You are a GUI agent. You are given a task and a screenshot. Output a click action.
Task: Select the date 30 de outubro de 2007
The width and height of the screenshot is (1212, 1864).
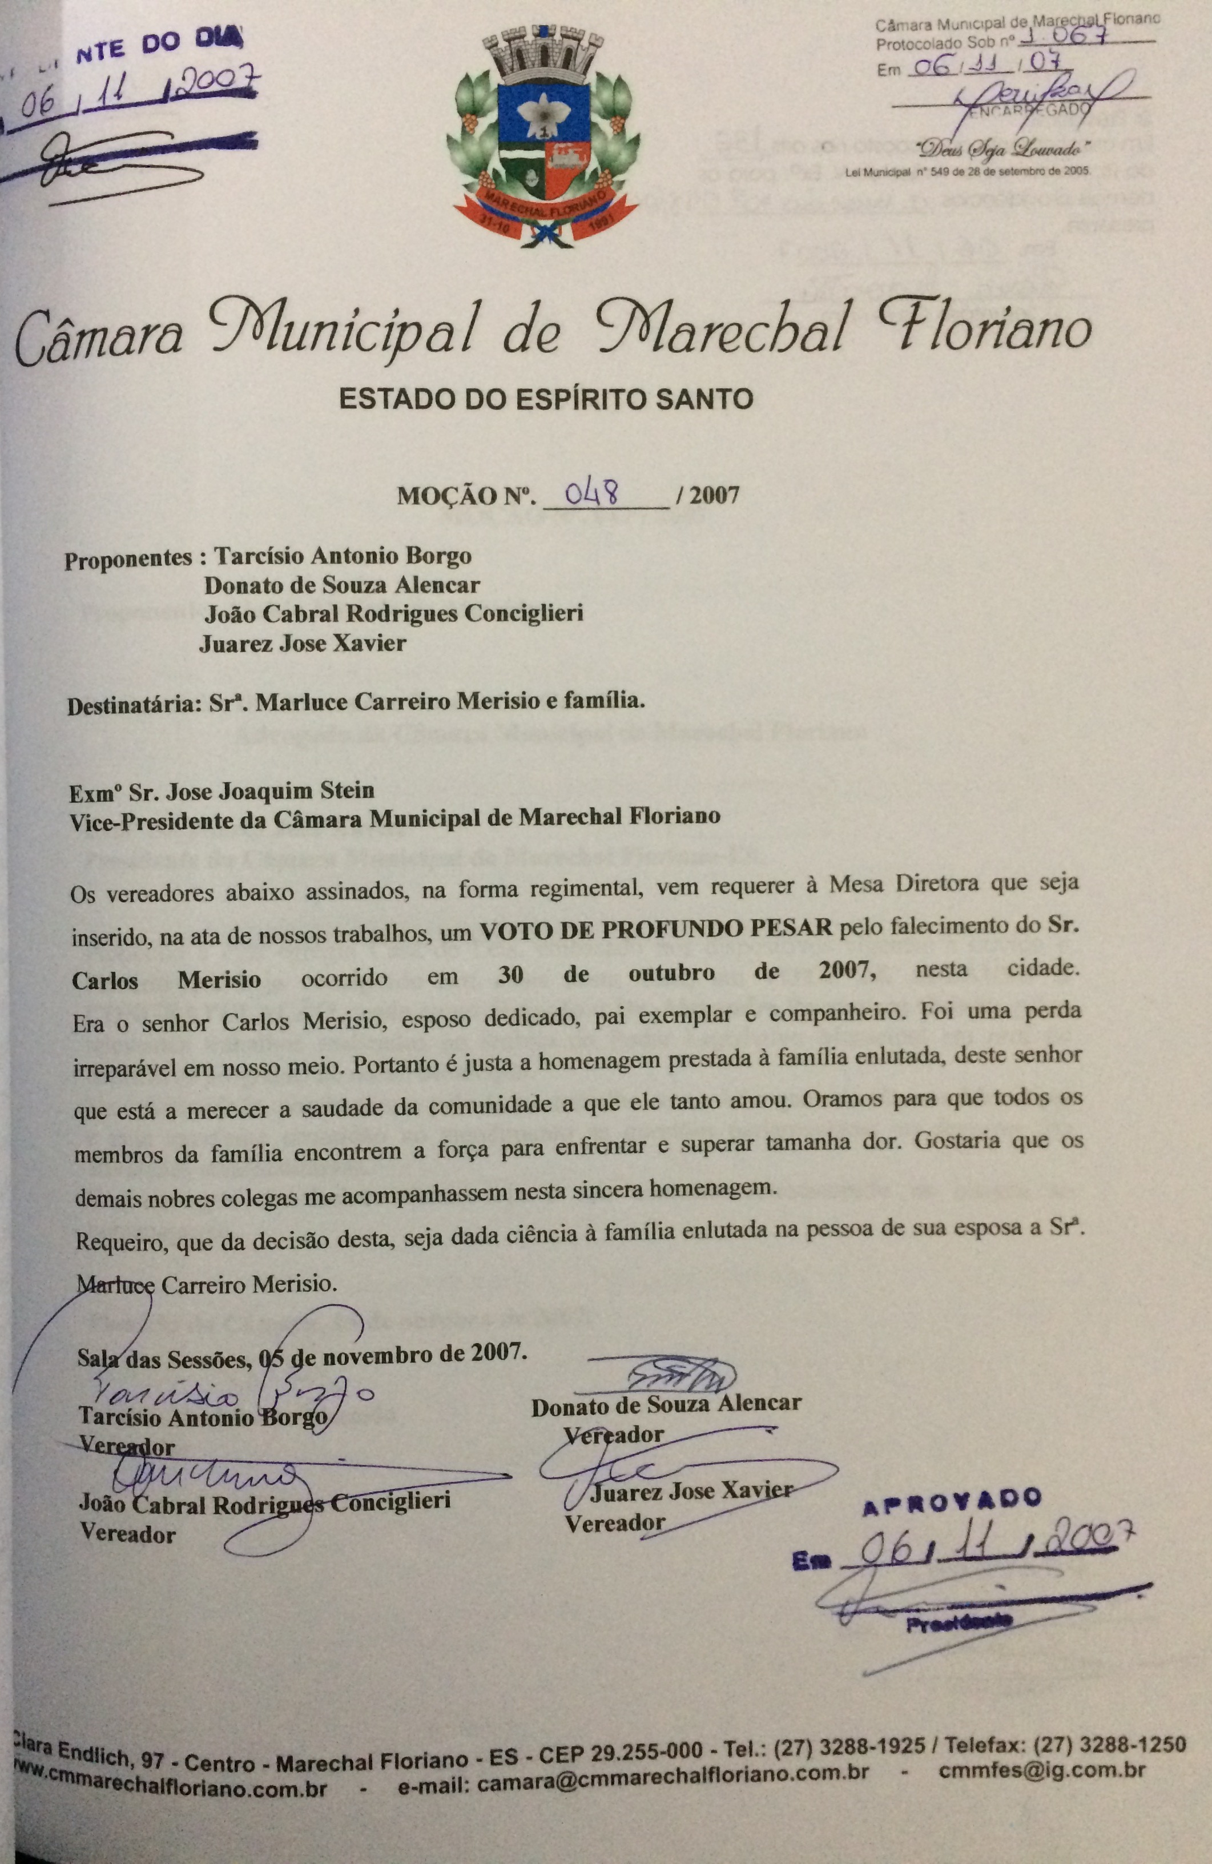pos(685,971)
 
